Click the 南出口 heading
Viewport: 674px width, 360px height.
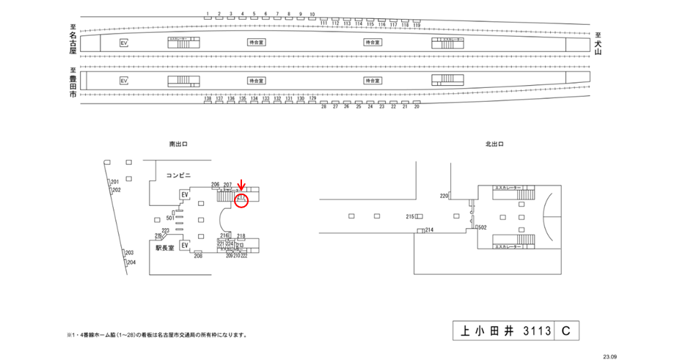tap(177, 145)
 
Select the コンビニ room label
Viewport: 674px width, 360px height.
tap(178, 175)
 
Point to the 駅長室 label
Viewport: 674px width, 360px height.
tap(165, 249)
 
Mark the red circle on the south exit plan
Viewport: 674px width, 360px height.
tap(242, 200)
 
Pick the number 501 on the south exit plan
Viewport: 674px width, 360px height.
tap(170, 218)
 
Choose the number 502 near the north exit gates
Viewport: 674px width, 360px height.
tap(483, 228)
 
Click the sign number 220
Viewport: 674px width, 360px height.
tap(444, 196)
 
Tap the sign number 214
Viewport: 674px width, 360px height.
tap(429, 230)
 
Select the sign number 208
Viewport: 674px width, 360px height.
tap(198, 256)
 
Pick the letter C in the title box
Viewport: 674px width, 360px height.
tap(565, 331)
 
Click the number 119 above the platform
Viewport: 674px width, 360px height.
tap(417, 24)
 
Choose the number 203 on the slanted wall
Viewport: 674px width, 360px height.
tap(130, 251)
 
